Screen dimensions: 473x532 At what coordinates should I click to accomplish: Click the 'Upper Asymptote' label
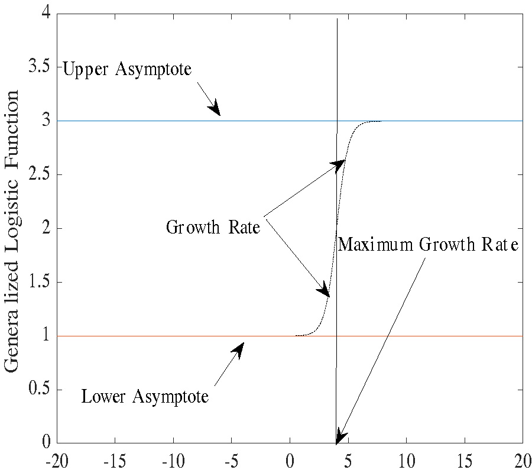tap(127, 69)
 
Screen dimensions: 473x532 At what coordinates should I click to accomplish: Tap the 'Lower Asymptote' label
tap(145, 396)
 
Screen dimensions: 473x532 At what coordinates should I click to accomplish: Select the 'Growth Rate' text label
tap(213, 228)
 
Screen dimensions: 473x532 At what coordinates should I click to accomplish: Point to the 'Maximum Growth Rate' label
tap(428, 244)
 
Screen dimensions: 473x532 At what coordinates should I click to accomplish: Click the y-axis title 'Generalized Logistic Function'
tap(13, 231)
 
